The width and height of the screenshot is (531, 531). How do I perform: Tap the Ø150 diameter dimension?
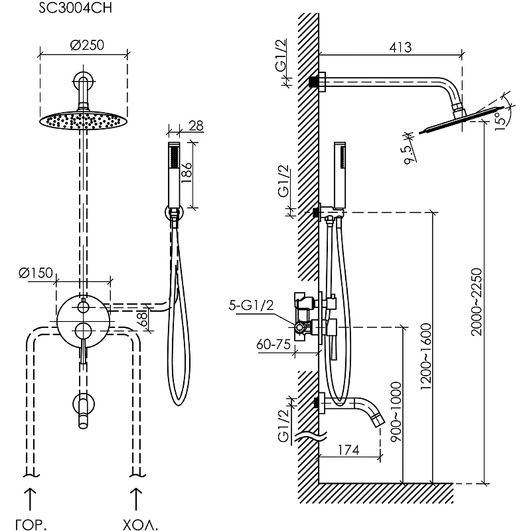pos(36,273)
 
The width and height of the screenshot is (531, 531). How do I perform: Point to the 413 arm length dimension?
pos(400,48)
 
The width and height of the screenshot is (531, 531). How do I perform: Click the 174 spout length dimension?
pos(347,451)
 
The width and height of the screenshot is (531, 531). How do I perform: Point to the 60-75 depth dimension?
pos(273,344)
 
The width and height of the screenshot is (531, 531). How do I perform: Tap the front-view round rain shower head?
pos(82,120)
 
